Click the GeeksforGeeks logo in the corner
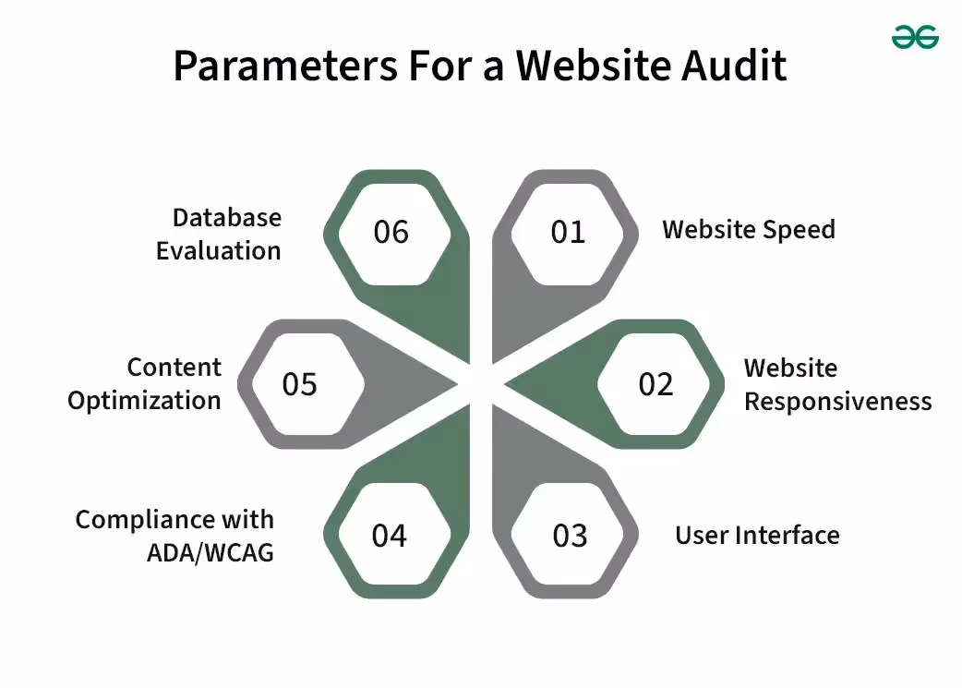tap(915, 37)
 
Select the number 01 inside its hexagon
tap(568, 232)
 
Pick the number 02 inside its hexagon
tap(655, 384)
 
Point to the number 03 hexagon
tap(570, 536)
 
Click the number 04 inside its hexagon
tap(389, 536)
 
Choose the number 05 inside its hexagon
tap(299, 384)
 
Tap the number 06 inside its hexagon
tap(391, 232)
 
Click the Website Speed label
tap(748, 230)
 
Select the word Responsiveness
tap(837, 402)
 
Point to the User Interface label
tap(757, 536)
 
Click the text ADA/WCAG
tap(210, 553)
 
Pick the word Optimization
tap(145, 401)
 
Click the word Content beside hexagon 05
tap(174, 368)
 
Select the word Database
tap(227, 218)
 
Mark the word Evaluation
tap(218, 251)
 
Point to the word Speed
tap(800, 230)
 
